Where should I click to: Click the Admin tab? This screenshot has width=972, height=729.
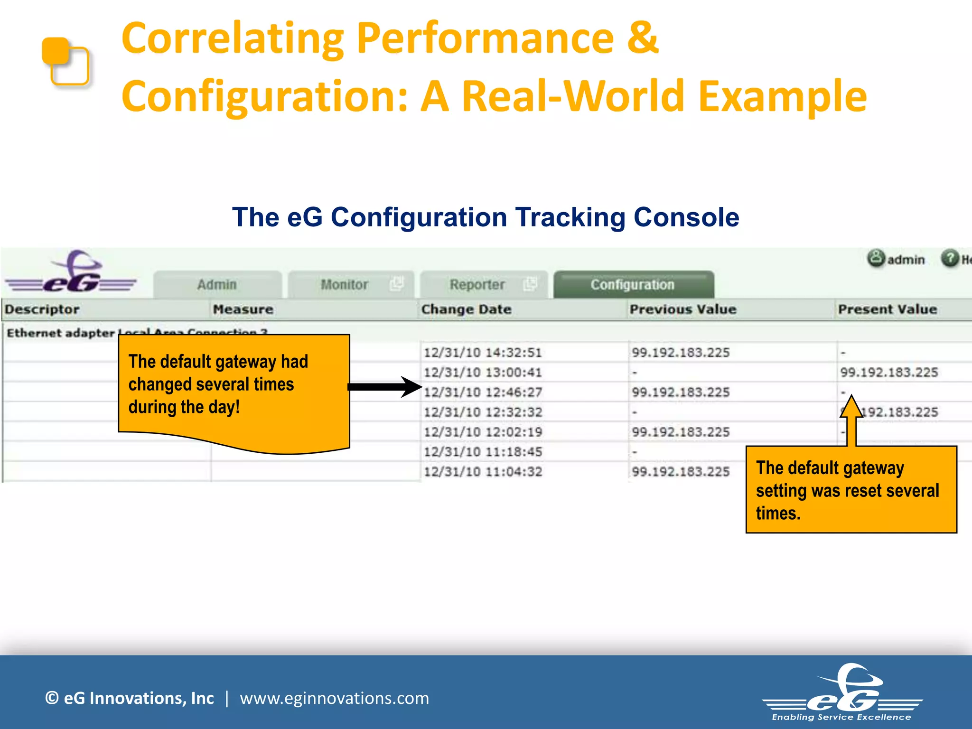tap(217, 285)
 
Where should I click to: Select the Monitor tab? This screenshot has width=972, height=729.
tap(345, 285)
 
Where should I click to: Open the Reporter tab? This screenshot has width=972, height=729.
tap(477, 285)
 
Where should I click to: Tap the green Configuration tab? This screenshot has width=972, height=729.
tap(633, 285)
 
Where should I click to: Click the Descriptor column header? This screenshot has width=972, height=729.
tap(42, 309)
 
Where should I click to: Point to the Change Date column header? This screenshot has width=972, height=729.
tap(466, 309)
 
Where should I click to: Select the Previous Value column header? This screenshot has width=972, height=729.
tap(682, 309)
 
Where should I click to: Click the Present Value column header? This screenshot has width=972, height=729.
tap(887, 309)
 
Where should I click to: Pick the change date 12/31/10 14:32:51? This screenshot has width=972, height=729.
tap(483, 353)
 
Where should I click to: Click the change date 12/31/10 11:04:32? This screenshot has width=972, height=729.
tap(483, 472)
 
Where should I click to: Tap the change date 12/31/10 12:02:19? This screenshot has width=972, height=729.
tap(483, 432)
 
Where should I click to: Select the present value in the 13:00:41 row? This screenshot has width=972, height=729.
tap(889, 373)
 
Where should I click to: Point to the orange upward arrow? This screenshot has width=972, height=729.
tap(851, 420)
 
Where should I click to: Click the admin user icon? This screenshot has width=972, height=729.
tap(876, 259)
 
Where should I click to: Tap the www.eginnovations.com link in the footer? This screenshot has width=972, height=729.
tap(334, 698)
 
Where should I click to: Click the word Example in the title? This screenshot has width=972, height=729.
tap(783, 97)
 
